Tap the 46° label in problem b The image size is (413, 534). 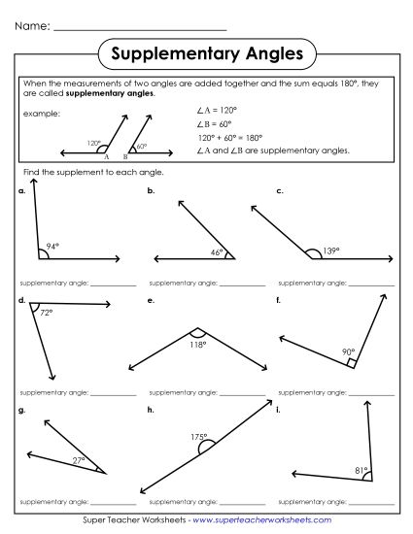tap(217, 252)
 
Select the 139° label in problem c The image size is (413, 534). tap(331, 251)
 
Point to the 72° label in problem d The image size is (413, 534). tap(46, 313)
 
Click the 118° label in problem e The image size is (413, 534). tap(197, 344)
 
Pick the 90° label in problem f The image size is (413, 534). tap(347, 351)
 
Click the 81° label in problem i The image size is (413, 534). tap(361, 471)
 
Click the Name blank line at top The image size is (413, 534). tap(140, 26)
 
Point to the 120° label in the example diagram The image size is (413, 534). tap(93, 143)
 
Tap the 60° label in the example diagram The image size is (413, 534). tap(141, 147)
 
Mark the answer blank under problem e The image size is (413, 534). tap(243, 392)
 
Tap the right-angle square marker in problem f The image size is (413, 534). tap(352, 362)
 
